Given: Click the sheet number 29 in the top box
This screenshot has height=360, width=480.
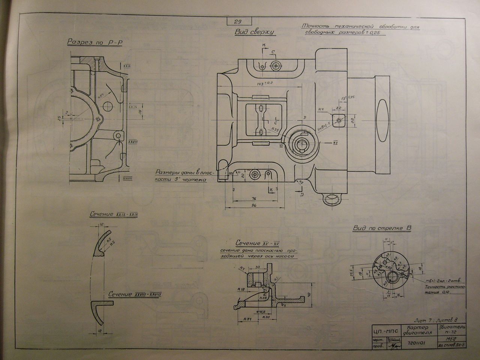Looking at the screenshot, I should [238, 22].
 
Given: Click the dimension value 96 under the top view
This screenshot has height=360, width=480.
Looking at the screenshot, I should [253, 205].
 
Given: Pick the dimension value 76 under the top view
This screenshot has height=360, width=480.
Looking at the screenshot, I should [253, 198].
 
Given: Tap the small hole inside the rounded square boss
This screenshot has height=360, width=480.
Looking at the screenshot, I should [339, 120].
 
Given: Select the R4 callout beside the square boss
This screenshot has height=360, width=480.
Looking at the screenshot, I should [321, 110].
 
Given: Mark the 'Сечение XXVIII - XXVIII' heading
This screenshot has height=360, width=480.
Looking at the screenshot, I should [135, 294].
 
